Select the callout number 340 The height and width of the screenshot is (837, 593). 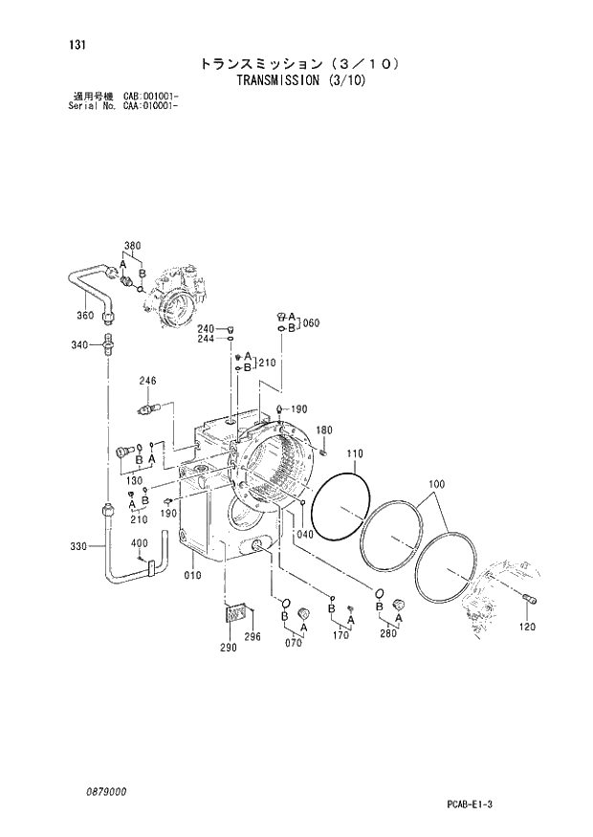tap(80, 344)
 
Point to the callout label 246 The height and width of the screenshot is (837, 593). tap(147, 381)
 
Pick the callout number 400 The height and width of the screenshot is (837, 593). tap(140, 543)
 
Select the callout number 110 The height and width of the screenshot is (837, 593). tap(355, 452)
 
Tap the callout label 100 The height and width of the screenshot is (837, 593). tap(436, 485)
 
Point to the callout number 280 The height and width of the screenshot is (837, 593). tap(387, 632)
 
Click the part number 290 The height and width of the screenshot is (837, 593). tap(228, 649)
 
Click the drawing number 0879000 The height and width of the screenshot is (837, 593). tap(103, 792)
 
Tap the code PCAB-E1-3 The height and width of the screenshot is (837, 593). tap(466, 805)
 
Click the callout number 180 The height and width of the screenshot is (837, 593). tap(324, 430)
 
